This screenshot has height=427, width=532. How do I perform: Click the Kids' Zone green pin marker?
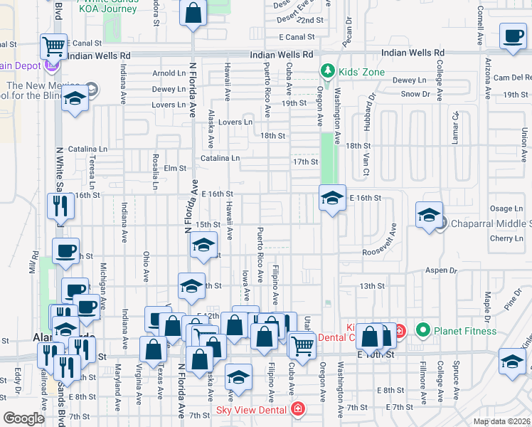327,71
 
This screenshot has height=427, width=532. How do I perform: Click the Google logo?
23,418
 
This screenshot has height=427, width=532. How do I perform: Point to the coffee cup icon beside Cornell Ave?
512,37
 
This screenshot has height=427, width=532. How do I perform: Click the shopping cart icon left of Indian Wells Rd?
53,46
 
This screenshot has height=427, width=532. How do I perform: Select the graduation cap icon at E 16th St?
331,199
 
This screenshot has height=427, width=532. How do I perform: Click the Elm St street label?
174,169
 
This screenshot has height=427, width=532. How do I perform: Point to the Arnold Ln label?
169,73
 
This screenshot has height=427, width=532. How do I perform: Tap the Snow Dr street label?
416,94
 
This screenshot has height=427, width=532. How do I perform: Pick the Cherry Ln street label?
506,238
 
